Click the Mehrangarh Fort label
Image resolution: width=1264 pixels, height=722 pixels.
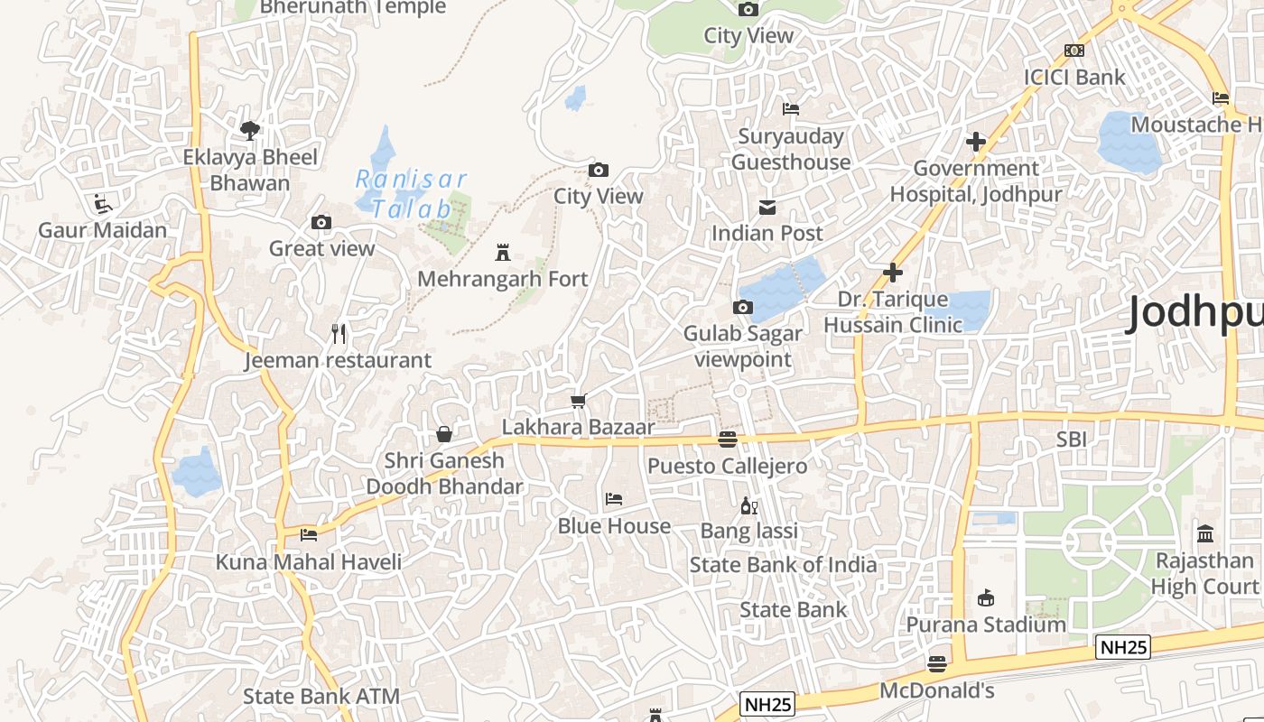pos(502,279)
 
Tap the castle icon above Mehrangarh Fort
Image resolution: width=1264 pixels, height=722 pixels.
pos(503,253)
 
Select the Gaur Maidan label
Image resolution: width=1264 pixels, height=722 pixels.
pos(102,230)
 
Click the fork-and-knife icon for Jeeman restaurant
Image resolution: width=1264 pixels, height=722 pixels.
pos(339,334)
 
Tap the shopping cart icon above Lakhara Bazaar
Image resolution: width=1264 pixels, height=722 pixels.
pos(578,401)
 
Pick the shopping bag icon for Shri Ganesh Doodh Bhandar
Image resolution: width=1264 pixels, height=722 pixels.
pos(443,434)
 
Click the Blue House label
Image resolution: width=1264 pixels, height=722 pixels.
pos(614,526)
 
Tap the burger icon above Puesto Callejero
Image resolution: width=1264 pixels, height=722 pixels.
pos(727,440)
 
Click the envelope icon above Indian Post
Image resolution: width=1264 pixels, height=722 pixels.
pos(767,208)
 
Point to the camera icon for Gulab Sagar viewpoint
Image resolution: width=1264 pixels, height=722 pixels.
pos(743,308)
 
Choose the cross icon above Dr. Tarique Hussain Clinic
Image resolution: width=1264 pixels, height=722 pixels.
pos(893,273)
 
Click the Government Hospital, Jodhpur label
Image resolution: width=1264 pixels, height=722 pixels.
pos(976,180)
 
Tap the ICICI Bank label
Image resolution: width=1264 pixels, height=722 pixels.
pos(1074,77)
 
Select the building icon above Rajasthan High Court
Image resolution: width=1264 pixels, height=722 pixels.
pos(1205,533)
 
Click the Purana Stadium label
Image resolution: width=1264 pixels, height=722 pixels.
pos(986,625)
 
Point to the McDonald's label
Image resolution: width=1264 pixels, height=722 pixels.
pos(937,691)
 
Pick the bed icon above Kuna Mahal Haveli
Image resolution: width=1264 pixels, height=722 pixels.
pos(309,534)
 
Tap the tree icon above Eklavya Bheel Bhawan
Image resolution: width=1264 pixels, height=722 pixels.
pos(250,131)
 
